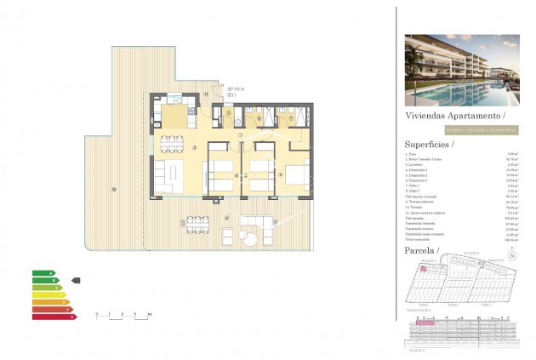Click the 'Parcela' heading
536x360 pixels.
[423, 253]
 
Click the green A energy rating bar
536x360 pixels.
[43, 273]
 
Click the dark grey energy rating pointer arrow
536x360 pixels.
[75, 280]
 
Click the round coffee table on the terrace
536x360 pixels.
[249, 235]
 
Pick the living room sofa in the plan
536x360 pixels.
[160, 174]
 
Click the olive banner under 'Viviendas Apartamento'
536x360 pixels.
[460, 129]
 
